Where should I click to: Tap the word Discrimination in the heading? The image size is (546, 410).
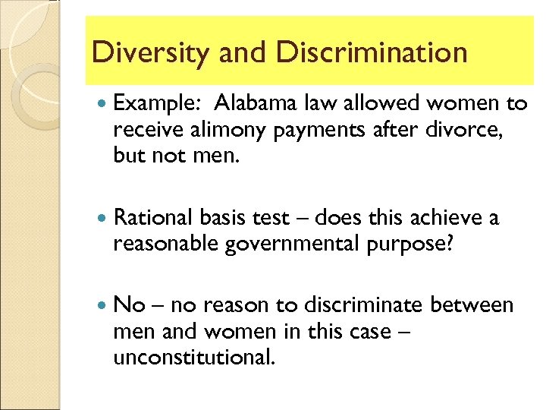[x=372, y=53]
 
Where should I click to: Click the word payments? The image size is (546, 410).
[x=312, y=131]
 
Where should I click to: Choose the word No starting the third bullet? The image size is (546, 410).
[x=129, y=305]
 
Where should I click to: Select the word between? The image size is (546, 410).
[x=472, y=305]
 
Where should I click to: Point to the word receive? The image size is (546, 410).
[x=143, y=131]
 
